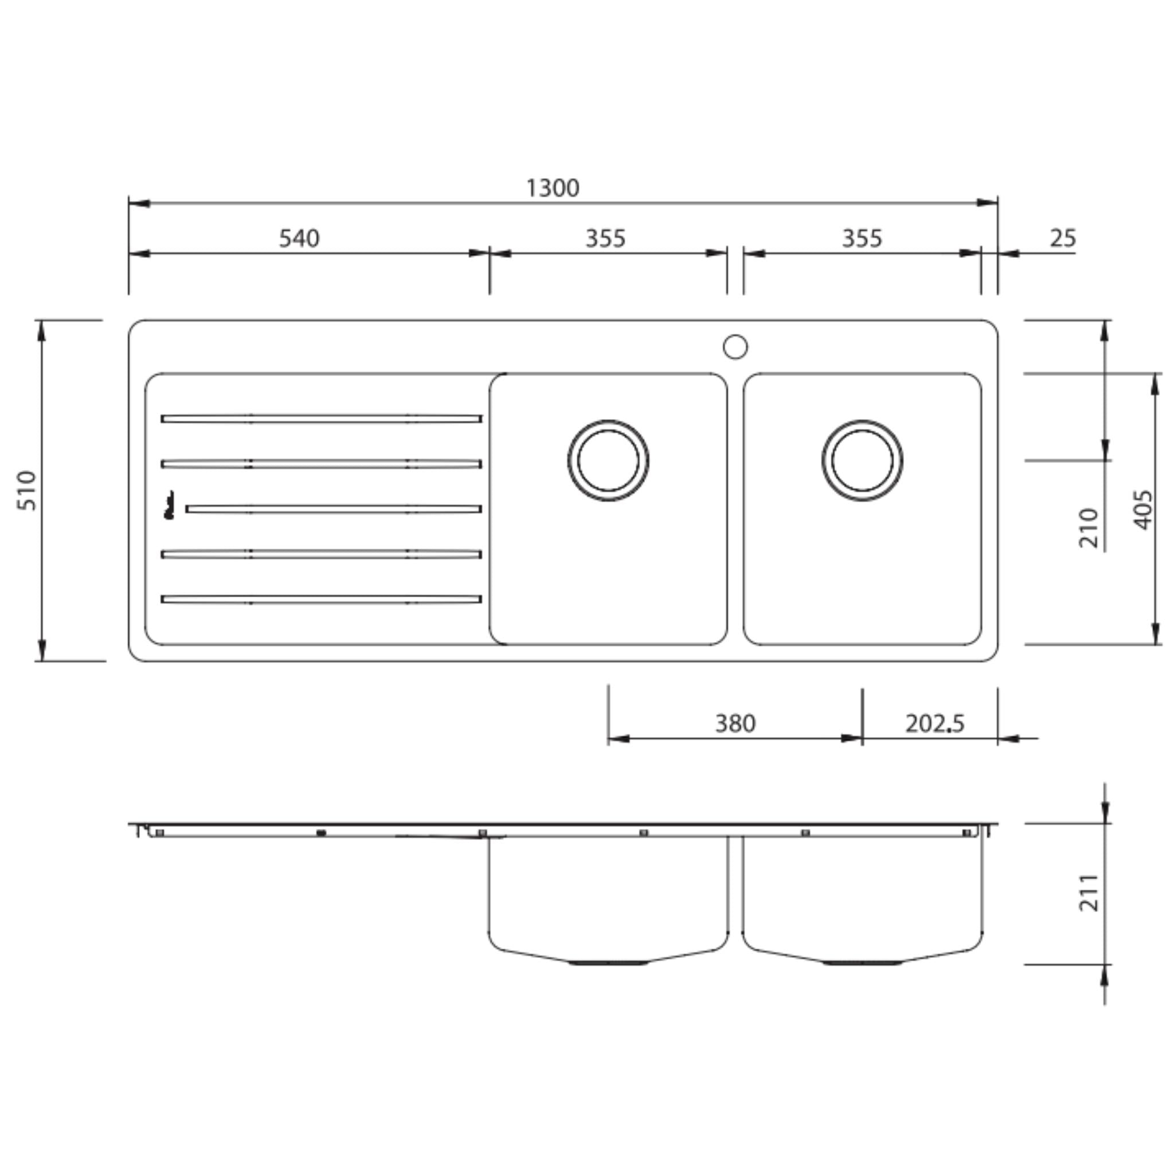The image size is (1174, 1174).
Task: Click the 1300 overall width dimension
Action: pos(553,189)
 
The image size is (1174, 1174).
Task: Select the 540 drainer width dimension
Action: pos(299,238)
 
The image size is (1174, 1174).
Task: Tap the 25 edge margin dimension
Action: pos(1063,238)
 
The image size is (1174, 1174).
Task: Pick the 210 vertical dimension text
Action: pos(1089,527)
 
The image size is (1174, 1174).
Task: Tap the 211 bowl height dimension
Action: pos(1089,893)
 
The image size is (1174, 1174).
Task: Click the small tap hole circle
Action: pos(735,347)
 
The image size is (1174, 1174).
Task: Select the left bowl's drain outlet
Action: pos(608,461)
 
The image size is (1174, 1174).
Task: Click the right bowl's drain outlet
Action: pos(862,461)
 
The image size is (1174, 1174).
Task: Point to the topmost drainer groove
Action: pos(322,418)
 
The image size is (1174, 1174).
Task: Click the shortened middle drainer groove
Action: pos(334,509)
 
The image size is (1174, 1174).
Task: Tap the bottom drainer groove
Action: pos(322,599)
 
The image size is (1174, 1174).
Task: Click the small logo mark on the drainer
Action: pos(170,506)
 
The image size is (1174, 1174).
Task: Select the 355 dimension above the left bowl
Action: pos(605,238)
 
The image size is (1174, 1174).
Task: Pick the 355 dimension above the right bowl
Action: pos(862,238)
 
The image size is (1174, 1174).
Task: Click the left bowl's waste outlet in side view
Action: pos(608,963)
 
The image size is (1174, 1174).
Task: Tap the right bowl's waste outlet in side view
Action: pos(862,963)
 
